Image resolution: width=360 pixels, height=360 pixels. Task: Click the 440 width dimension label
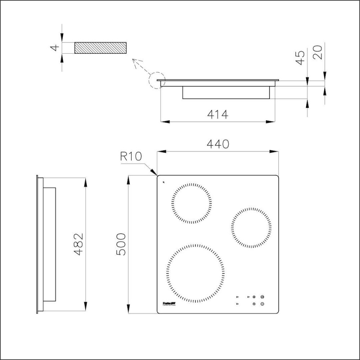coord(217,144)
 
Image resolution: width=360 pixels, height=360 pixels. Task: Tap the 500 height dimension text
coord(121,244)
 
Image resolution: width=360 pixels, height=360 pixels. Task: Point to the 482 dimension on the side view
coord(78,244)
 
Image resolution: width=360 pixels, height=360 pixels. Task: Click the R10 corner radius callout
coord(131,157)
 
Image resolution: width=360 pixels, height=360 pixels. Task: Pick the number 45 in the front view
coord(300,58)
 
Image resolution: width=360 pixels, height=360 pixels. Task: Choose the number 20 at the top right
coord(318,53)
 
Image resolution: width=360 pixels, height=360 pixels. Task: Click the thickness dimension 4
coord(54,48)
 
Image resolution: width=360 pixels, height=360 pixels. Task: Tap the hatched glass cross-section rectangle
coord(100,48)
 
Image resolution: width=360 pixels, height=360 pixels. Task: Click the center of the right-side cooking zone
coord(251,228)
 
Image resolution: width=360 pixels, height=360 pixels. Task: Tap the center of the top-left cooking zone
coord(191,203)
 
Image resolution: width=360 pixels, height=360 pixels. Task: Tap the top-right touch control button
coord(262,297)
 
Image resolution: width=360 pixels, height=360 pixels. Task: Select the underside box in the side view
coord(50,244)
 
